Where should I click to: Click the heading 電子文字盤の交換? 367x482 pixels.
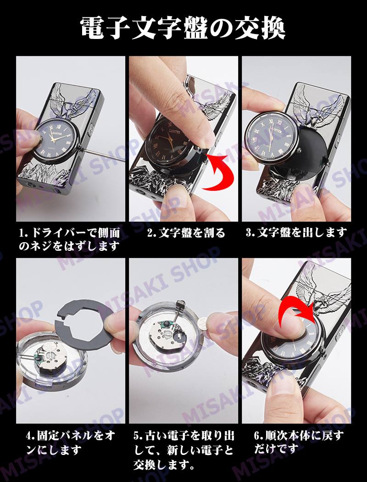click(183, 28)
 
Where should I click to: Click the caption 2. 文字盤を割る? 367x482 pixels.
click(186, 233)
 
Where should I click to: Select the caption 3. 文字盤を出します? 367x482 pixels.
click(296, 233)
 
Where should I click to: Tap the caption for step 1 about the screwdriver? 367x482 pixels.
click(69, 239)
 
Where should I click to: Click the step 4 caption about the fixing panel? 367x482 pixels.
click(71, 443)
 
